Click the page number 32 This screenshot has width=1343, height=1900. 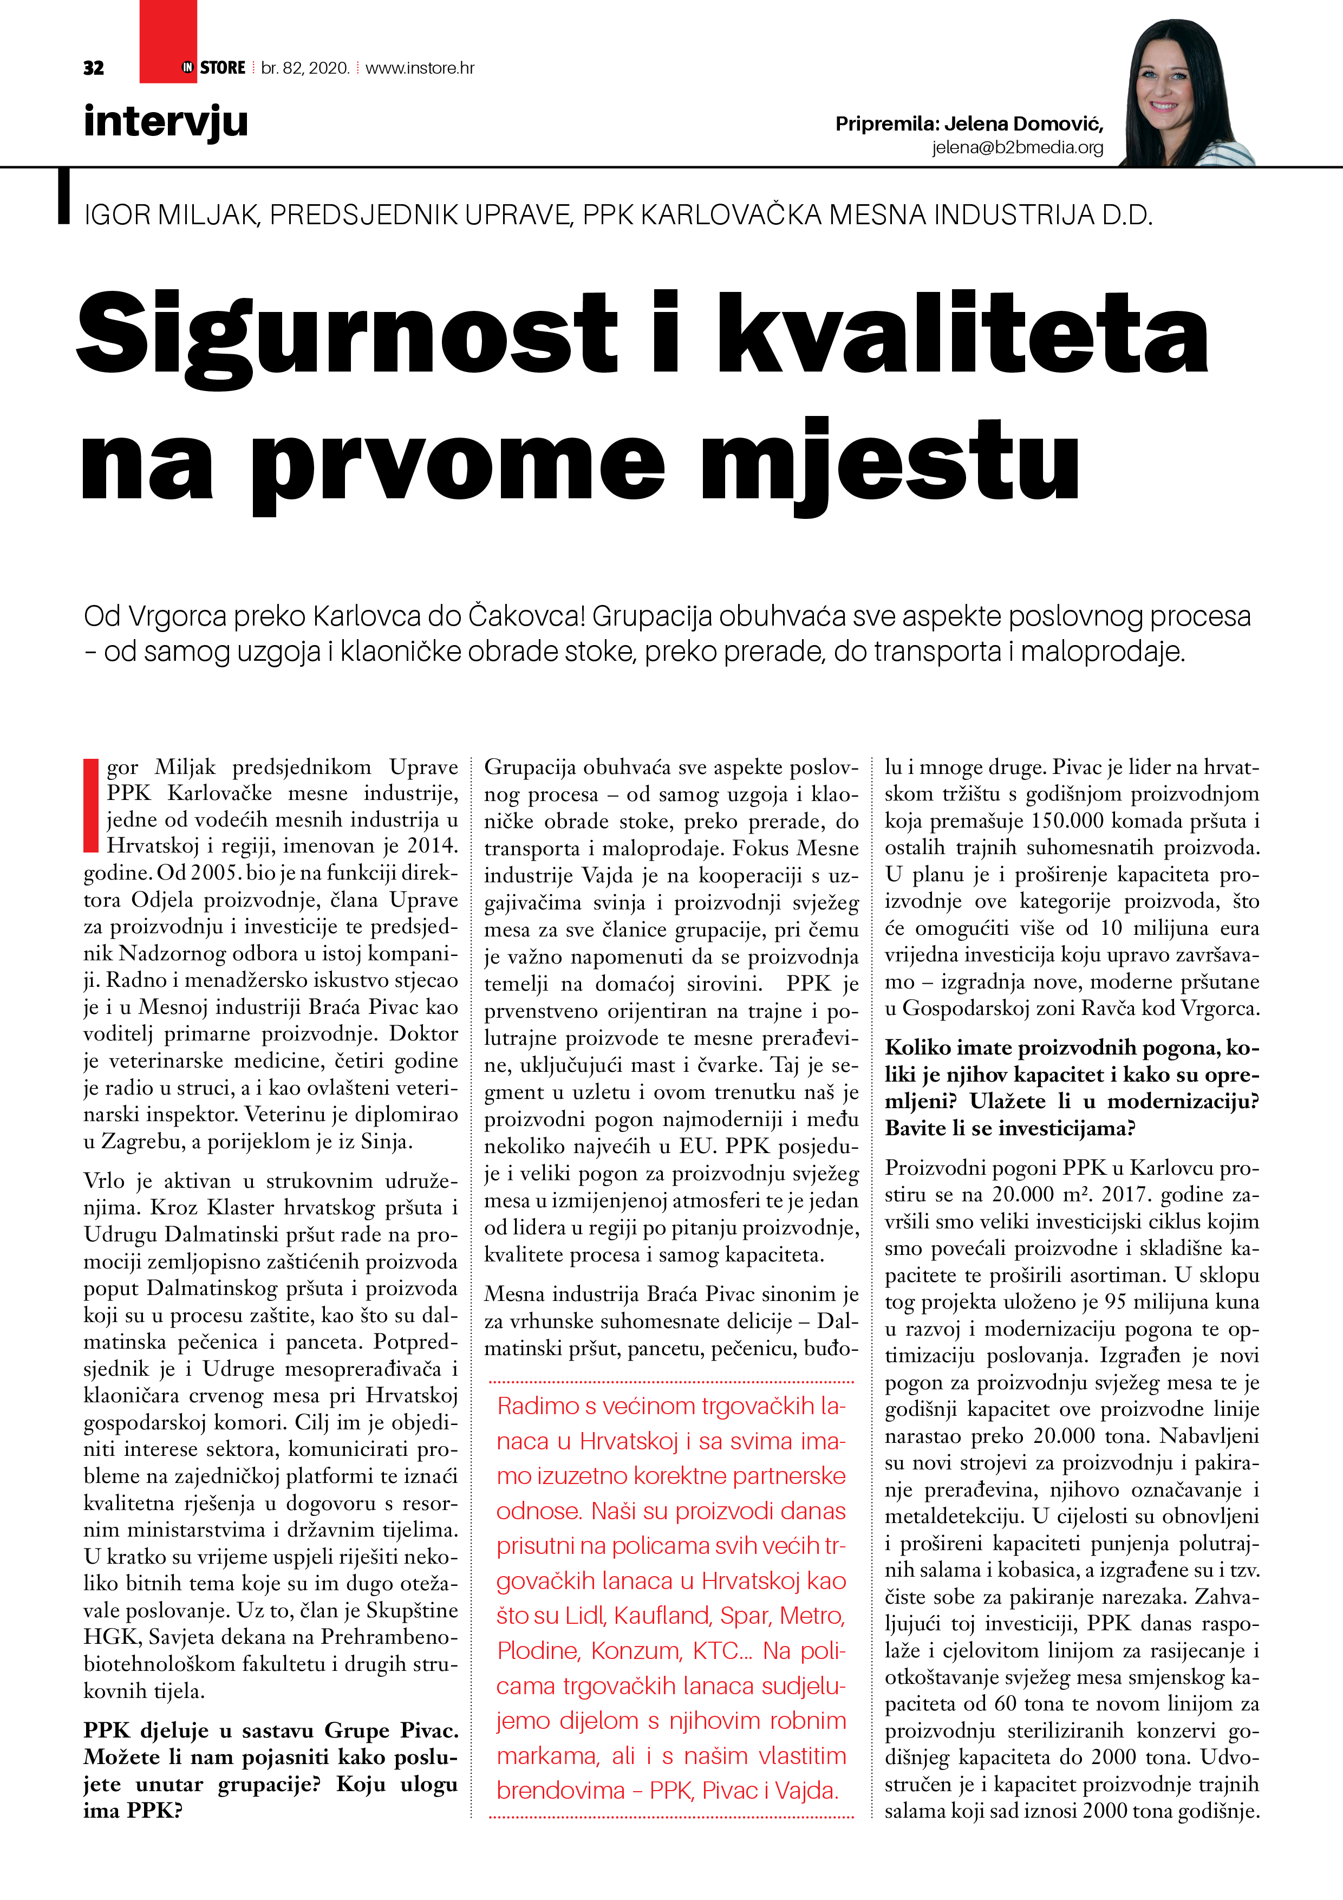point(94,68)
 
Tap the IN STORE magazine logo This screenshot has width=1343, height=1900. point(213,68)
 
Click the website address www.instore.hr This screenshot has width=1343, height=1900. point(420,68)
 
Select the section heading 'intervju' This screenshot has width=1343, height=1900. point(166,122)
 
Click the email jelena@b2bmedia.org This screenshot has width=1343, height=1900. point(1017,148)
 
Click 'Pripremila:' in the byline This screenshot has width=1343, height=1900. point(886,124)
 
